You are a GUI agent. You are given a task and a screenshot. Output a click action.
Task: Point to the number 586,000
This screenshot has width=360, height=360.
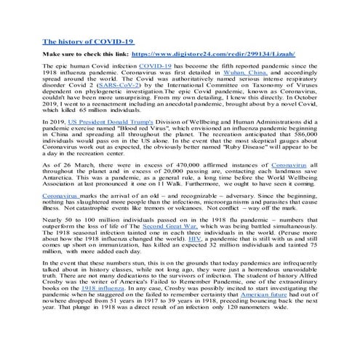(304, 137)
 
